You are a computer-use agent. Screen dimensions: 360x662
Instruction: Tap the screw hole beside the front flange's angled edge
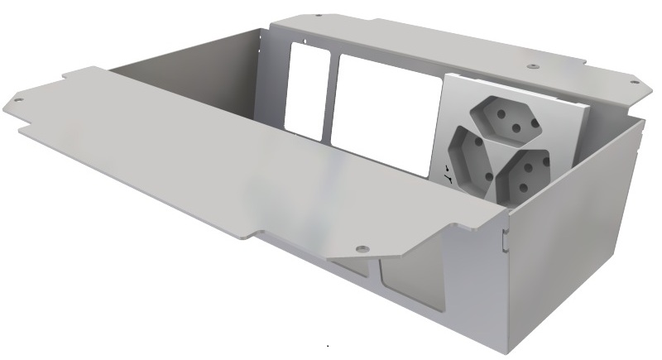361,247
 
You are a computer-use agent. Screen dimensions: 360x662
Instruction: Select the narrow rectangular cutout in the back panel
308,89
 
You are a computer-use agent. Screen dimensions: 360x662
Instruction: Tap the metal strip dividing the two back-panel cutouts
334,95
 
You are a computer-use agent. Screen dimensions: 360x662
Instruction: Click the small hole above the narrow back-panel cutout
305,39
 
